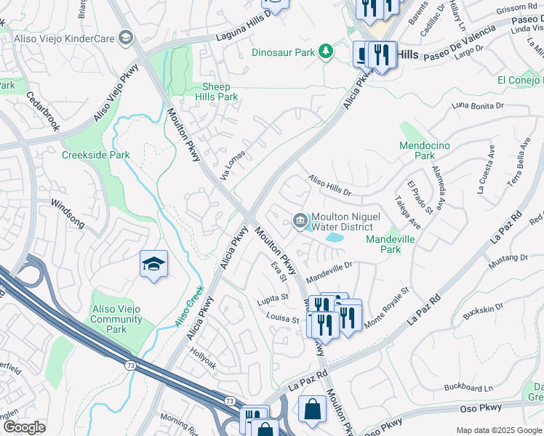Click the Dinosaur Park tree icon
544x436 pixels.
point(327,52)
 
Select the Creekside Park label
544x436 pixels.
point(95,155)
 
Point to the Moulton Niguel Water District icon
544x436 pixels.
point(300,221)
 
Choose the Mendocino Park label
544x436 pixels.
point(425,150)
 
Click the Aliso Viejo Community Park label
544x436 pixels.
point(118,320)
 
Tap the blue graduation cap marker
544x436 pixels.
point(153,265)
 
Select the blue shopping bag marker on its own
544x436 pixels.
point(312,408)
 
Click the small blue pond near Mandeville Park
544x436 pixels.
point(334,237)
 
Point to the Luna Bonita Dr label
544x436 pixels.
point(477,106)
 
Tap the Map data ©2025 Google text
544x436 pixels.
point(498,430)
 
